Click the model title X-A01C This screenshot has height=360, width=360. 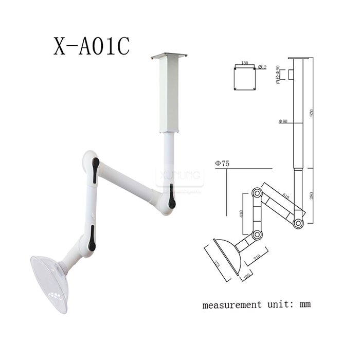(92, 46)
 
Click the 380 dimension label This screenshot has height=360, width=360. (312, 195)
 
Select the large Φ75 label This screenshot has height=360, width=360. (223, 164)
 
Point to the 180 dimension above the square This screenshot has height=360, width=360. (244, 63)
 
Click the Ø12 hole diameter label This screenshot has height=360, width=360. (262, 67)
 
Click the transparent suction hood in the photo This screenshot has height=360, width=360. (49, 283)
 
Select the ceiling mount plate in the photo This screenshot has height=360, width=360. (168, 56)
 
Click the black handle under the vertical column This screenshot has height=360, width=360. (172, 199)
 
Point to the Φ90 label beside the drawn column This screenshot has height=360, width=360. (283, 121)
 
